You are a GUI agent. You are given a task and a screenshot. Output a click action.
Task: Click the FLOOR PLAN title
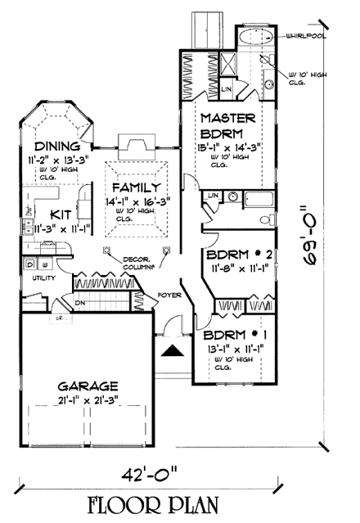pyautogui.click(x=179, y=502)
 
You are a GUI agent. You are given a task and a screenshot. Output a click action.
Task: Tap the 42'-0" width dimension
pyautogui.click(x=176, y=473)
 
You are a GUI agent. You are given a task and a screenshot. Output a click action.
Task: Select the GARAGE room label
pyautogui.click(x=88, y=385)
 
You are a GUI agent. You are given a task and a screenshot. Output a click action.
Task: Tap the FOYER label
pyautogui.click(x=169, y=293)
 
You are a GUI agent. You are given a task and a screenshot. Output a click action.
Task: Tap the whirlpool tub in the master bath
pyautogui.click(x=255, y=38)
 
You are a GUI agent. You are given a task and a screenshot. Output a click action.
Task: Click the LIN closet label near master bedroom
pyautogui.click(x=227, y=87)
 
